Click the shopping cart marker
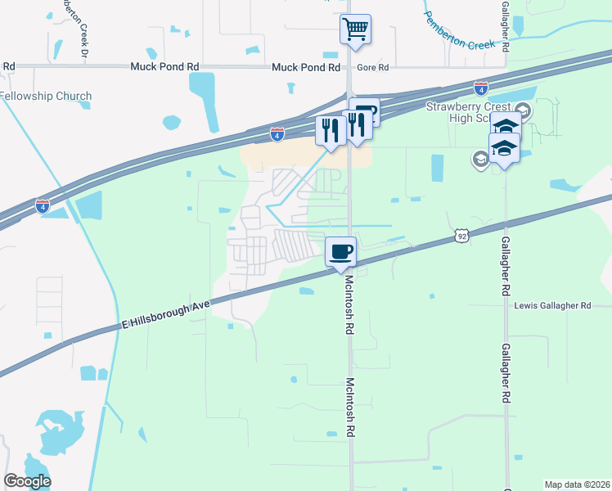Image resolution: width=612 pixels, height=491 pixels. tap(356, 30)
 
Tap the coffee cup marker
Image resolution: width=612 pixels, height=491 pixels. tap(340, 251)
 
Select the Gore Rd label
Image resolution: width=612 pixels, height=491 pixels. tap(372, 68)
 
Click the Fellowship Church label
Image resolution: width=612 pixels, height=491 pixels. tap(46, 96)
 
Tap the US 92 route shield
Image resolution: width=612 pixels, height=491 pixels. tap(462, 236)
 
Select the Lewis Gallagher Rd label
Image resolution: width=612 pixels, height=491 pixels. tap(552, 305)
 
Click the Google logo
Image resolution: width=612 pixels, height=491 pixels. tap(26, 481)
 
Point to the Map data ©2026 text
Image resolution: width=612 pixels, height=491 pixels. tap(577, 484)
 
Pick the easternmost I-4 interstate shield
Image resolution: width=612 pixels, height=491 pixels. tap(481, 88)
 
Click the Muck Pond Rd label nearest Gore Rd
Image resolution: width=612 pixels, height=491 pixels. tap(305, 68)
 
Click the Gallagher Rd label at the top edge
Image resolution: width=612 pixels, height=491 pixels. tap(505, 26)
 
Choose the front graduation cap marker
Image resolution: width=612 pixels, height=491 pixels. tap(504, 150)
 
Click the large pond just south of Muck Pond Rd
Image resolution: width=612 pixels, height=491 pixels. tap(205, 90)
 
